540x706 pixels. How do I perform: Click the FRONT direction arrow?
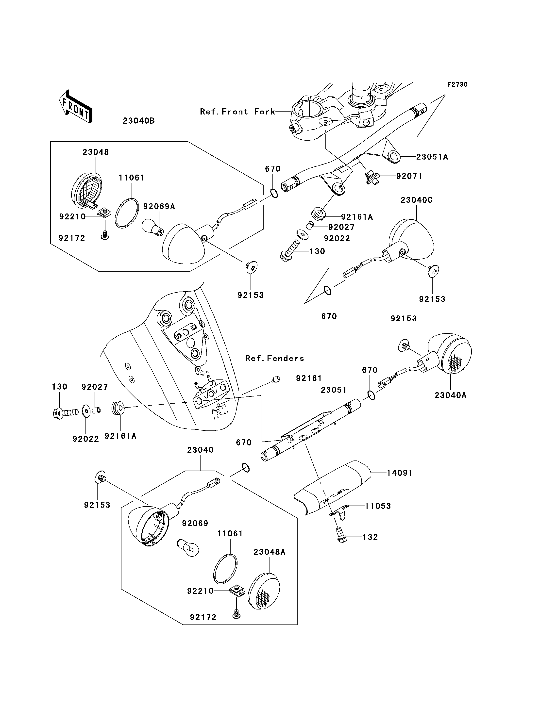tap(76, 107)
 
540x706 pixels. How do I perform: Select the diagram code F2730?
tap(457, 84)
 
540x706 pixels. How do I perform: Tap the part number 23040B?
tap(139, 121)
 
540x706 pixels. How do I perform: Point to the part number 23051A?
tap(432, 157)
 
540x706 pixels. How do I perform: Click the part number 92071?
tap(409, 176)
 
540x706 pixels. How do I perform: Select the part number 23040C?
tap(417, 200)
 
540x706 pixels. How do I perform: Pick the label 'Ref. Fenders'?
tap(274, 358)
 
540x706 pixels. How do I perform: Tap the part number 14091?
tap(399, 473)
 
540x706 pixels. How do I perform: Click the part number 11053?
tap(378, 506)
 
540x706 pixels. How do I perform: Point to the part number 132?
tap(370, 537)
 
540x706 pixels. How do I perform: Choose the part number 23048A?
tap(269, 552)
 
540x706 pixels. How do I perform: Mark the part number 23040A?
tap(450, 395)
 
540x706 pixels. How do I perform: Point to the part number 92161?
tap(309, 378)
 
